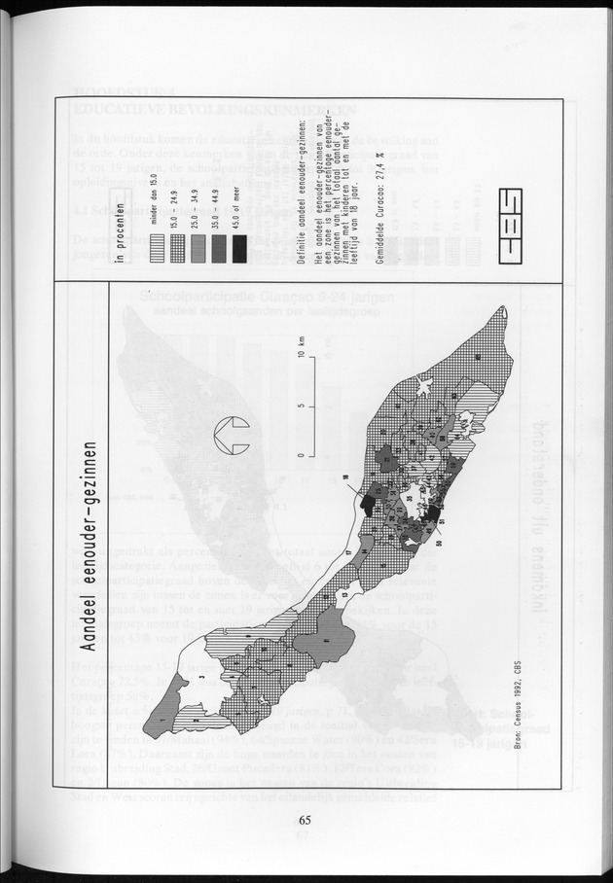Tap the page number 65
point(306,818)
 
